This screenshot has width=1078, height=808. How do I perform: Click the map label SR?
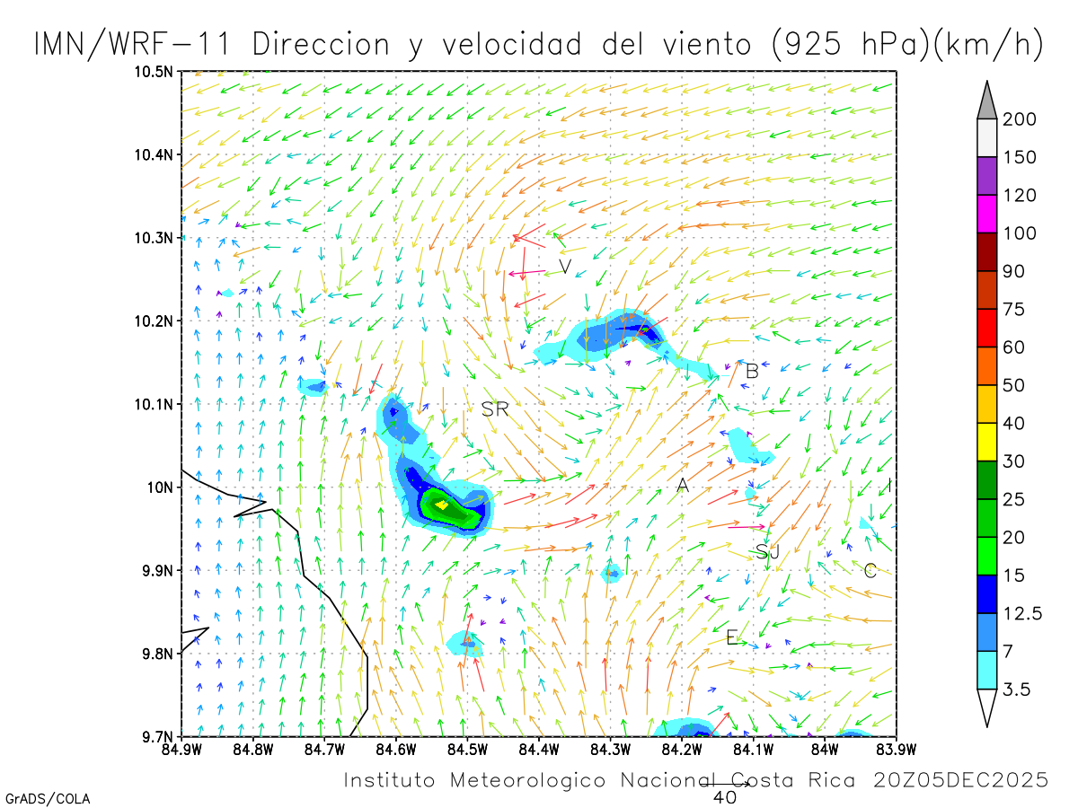click(x=495, y=409)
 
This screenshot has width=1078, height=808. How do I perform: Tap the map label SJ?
click(x=767, y=551)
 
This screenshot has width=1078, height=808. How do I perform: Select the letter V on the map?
click(x=565, y=267)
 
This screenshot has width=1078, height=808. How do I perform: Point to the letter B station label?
click(x=752, y=370)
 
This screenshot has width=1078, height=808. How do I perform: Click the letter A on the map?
click(x=683, y=486)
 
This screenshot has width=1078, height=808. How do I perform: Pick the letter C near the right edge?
click(x=870, y=570)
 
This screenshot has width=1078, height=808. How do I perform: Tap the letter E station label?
click(x=732, y=637)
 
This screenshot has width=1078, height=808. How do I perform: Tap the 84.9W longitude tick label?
click(x=181, y=748)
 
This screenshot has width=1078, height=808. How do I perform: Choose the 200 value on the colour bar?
click(x=1020, y=119)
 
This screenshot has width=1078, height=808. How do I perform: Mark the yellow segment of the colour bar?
click(x=986, y=442)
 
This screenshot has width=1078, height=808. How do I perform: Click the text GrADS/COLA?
click(x=48, y=798)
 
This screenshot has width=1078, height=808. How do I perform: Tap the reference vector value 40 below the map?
click(x=724, y=796)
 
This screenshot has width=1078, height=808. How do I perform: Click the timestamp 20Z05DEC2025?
click(x=960, y=779)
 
